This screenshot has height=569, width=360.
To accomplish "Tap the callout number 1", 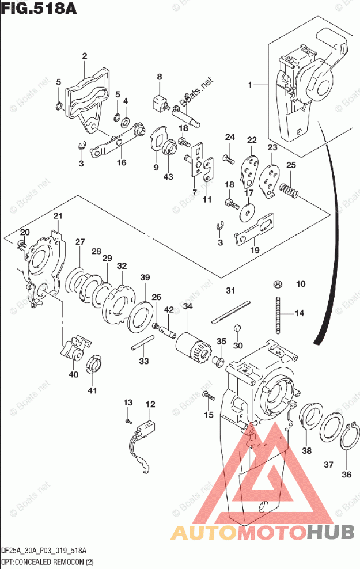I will coord(251,85).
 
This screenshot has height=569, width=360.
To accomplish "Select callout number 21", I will coord(58,216).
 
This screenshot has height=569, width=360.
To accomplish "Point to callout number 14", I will coord(299,313).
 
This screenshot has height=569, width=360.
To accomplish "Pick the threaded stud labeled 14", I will coord(279,316).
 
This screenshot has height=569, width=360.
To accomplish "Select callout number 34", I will coord(187,306).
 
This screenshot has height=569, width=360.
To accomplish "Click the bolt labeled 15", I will coord(207,396).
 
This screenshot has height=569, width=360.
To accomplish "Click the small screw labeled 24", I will coord(228,157).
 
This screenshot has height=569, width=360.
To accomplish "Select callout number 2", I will coord(84,56).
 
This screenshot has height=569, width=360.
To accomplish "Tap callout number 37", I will coord(328,465).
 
